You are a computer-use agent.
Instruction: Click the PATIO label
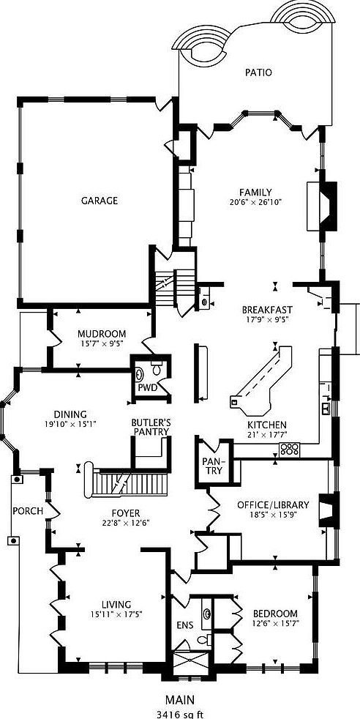[x=258, y=72]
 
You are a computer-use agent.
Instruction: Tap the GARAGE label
[x=100, y=201]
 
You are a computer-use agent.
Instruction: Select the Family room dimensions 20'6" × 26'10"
[x=255, y=201]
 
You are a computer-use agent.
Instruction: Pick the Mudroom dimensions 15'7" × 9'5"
[x=101, y=343]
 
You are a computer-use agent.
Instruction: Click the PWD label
[x=148, y=388]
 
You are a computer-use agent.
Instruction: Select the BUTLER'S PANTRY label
[x=151, y=427]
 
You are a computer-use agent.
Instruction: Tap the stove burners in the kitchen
[x=290, y=448]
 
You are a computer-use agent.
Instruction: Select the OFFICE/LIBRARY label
[x=273, y=505]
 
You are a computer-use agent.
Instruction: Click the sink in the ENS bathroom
[x=207, y=613]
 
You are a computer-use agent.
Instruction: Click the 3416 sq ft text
[x=179, y=714]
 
